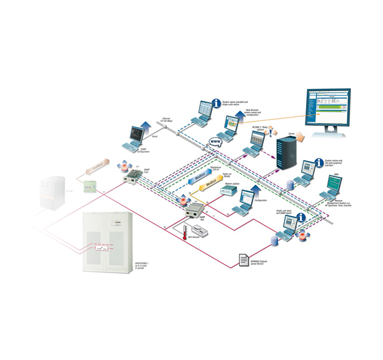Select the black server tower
click(x=286, y=151)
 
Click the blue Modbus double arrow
click(x=197, y=175)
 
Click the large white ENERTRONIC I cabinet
click(x=107, y=242)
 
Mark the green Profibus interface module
click(x=89, y=186)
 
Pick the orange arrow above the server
click(x=299, y=137)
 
